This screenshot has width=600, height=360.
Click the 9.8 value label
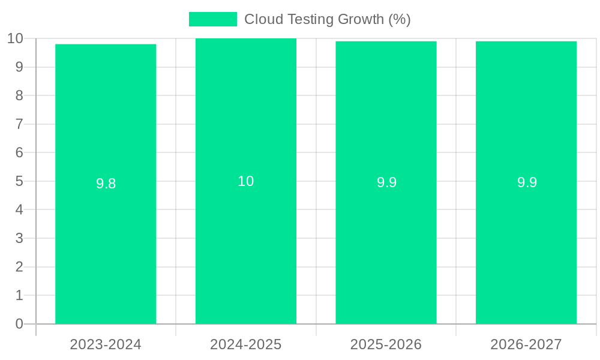click(x=106, y=184)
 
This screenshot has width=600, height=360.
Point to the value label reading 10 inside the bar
click(x=246, y=181)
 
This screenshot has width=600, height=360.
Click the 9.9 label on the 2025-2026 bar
click(x=386, y=182)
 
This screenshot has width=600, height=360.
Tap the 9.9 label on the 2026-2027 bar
click(x=527, y=182)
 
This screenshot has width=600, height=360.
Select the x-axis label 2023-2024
click(x=106, y=344)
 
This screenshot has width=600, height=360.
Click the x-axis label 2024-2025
click(x=246, y=344)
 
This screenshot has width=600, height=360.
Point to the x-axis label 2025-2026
click(x=386, y=344)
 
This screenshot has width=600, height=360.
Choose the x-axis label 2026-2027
click(x=526, y=344)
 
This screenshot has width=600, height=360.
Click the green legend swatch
click(x=212, y=19)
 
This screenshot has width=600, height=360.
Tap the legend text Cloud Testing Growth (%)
click(x=327, y=19)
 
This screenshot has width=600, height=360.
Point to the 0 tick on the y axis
click(x=19, y=324)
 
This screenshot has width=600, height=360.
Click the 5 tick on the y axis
click(x=19, y=181)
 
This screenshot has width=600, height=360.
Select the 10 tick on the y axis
click(x=15, y=38)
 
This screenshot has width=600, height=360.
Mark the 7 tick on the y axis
click(x=19, y=124)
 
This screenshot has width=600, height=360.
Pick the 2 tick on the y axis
click(x=19, y=267)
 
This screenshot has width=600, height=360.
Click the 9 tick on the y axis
click(x=19, y=67)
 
